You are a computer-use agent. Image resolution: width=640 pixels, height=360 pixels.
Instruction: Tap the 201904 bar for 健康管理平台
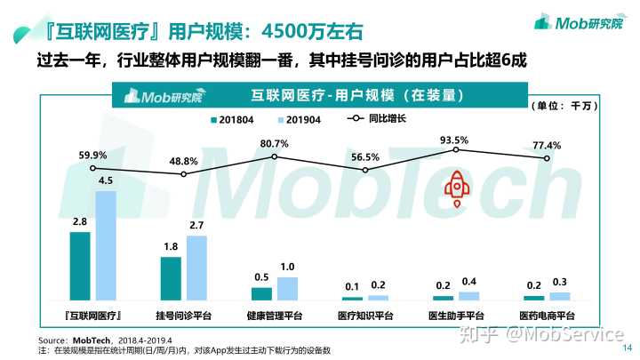287,288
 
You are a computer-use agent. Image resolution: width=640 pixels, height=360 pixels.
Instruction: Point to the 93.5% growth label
453,140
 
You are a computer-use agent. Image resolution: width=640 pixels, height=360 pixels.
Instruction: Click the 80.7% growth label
274,143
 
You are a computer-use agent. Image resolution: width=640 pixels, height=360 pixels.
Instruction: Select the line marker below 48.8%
184,174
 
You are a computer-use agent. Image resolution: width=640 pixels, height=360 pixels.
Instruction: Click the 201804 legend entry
233,118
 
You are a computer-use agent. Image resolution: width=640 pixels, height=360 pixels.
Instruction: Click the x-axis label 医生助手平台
455,316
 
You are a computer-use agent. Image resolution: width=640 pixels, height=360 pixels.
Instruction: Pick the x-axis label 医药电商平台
547,316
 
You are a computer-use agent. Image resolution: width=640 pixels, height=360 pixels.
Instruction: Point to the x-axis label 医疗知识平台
364,316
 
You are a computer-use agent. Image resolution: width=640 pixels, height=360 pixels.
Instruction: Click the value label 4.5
106,180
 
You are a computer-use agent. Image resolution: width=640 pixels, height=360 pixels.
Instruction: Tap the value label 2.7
196,225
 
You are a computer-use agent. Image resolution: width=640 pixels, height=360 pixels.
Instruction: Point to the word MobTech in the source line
91,340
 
